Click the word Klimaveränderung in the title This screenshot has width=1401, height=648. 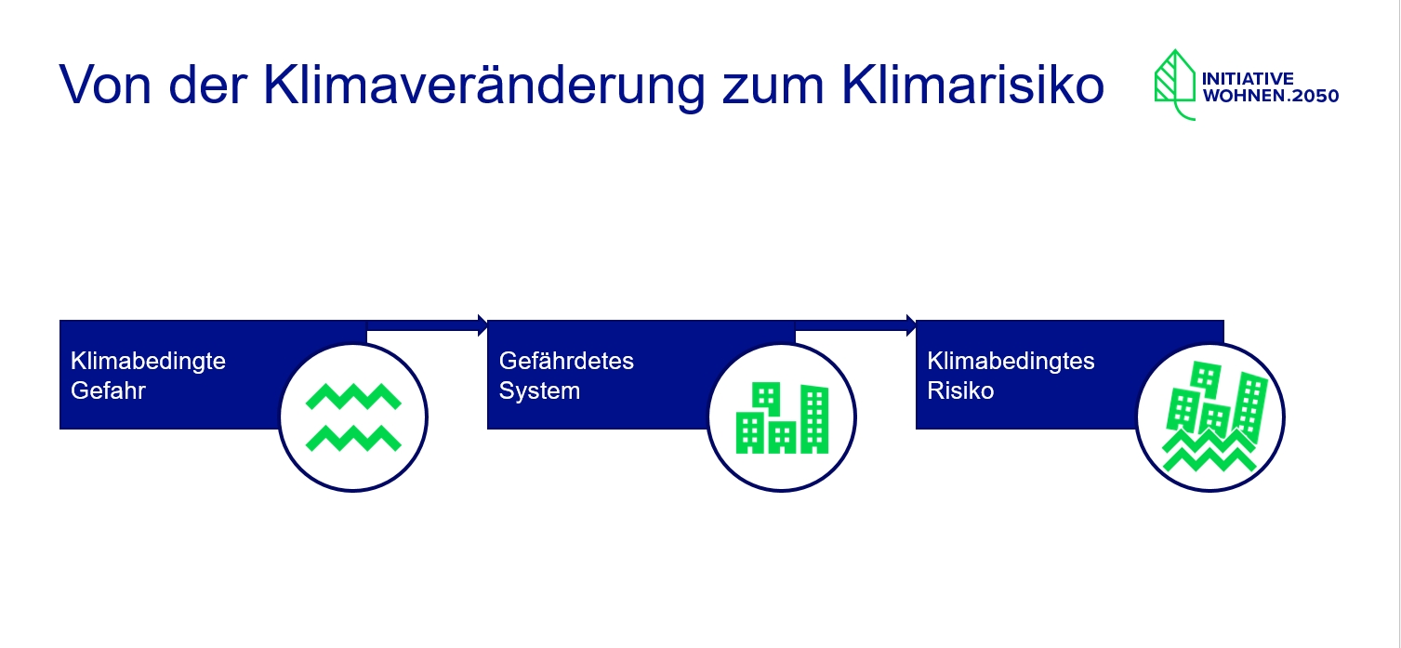[x=484, y=86]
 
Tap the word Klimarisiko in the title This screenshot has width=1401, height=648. [x=972, y=84]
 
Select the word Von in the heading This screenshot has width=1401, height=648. [x=105, y=85]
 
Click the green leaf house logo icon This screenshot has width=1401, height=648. [x=1174, y=85]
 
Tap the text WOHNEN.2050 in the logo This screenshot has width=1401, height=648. [x=1270, y=96]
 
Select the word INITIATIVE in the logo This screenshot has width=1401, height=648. [x=1248, y=79]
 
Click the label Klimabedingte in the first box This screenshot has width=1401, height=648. [x=148, y=361]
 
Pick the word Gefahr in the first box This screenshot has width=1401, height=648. [x=108, y=390]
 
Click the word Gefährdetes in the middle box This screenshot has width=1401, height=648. [x=567, y=361]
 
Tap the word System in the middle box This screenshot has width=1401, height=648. [x=540, y=391]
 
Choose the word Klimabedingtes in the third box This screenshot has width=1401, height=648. [x=1011, y=361]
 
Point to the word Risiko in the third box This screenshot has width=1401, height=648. [x=960, y=390]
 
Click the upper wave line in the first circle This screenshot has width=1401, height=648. [x=353, y=397]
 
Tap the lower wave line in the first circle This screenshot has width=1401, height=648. [x=353, y=439]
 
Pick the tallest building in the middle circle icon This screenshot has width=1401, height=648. [x=814, y=419]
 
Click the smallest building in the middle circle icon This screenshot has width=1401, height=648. [x=782, y=437]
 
